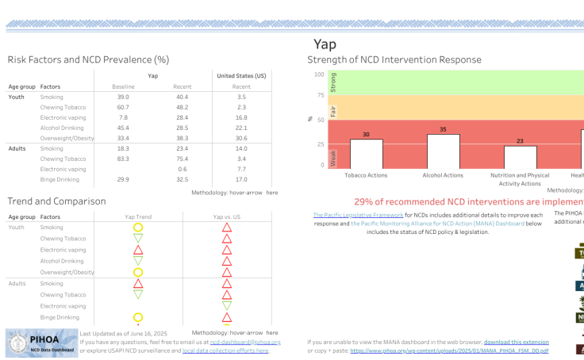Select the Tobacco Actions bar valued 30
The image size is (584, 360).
[366, 153]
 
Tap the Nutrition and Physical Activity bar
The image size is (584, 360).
[520, 156]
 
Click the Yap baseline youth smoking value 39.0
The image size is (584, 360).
[123, 96]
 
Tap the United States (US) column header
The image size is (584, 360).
[241, 75]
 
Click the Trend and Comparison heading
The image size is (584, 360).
[56, 201]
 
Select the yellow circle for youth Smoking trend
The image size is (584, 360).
[138, 228]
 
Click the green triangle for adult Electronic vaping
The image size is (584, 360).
[227, 305]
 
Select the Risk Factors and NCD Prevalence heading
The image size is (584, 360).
[88, 59]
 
